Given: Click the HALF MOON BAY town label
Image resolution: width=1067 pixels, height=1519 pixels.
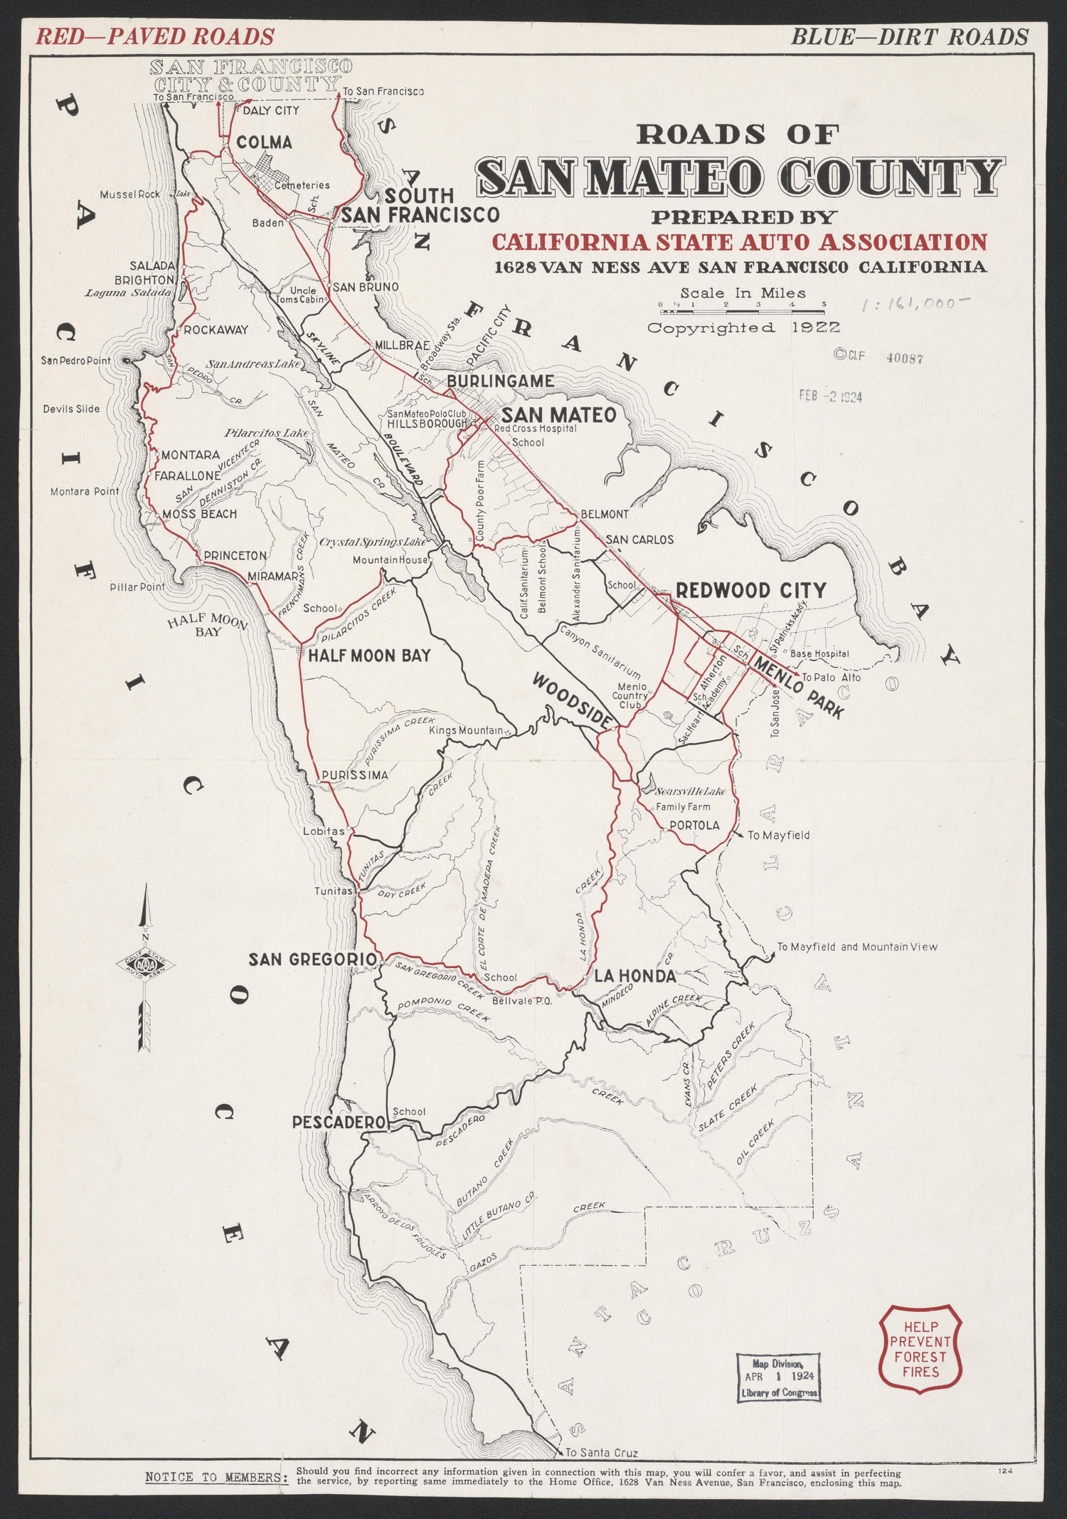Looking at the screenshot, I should [x=369, y=655].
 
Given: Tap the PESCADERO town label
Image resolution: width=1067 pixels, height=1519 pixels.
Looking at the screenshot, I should [x=339, y=1123].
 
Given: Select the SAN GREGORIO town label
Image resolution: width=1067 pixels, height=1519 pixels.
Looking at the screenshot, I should [x=312, y=960].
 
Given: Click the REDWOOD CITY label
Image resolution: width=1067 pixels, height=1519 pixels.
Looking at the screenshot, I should [x=750, y=590].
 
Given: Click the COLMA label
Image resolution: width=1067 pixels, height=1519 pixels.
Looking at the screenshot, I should [x=264, y=142].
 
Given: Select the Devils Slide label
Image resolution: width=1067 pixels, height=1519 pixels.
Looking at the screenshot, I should [x=71, y=409].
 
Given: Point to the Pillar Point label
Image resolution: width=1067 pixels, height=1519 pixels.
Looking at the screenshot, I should [x=137, y=587].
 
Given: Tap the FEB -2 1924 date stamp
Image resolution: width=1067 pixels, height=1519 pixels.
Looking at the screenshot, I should [x=828, y=397].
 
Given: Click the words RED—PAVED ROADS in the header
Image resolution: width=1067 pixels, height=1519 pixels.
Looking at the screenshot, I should [x=155, y=36].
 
